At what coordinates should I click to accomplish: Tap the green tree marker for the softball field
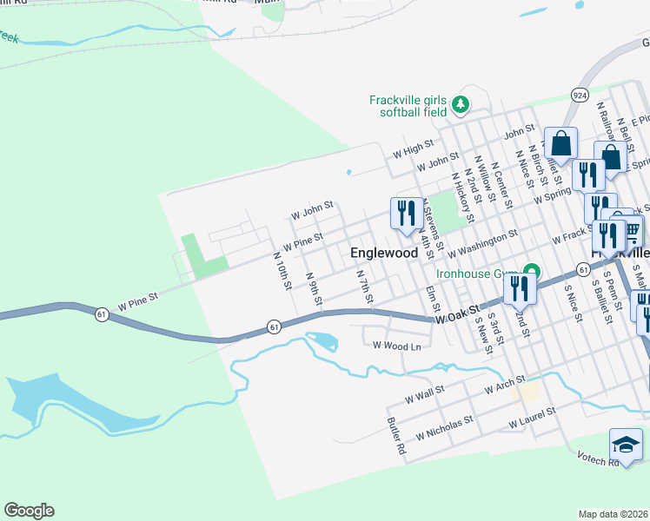(461, 106)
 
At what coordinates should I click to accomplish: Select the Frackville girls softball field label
(408, 106)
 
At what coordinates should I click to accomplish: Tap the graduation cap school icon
(626, 445)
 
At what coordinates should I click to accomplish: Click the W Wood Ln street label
(396, 346)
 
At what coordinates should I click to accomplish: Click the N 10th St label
(282, 272)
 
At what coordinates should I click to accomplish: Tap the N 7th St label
(365, 287)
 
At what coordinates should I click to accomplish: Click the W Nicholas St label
(444, 426)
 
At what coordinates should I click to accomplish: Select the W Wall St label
(425, 397)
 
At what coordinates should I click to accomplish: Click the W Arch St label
(507, 382)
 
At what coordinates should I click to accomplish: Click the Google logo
(29, 511)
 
